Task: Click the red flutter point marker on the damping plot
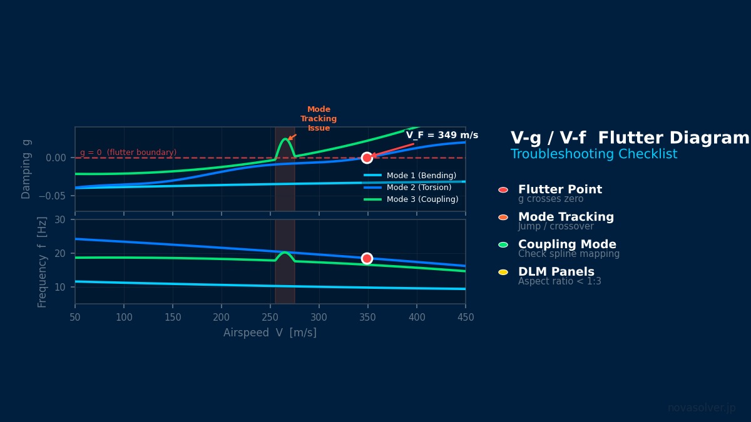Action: point(367,158)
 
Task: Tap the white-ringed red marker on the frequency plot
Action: point(367,258)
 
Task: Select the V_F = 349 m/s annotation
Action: point(442,136)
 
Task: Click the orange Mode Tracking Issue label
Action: point(319,119)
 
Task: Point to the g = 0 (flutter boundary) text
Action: point(128,153)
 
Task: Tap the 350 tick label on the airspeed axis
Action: point(368,318)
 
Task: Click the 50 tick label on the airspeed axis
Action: point(75,318)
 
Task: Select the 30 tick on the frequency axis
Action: point(60,220)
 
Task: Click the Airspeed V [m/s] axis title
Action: point(270,333)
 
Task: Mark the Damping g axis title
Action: point(26,169)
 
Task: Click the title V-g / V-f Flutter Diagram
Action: point(630,139)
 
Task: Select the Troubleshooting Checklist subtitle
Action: point(593,154)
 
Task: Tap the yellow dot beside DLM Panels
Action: point(503,273)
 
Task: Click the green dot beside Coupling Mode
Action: point(503,245)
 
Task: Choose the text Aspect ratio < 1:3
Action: point(559,282)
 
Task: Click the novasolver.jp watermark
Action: point(702,408)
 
